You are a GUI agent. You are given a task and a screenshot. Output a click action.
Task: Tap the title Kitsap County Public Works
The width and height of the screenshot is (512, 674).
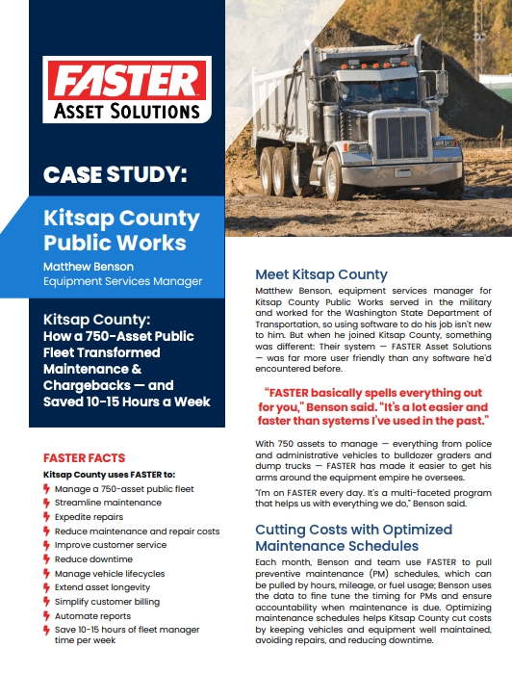coord(121,230)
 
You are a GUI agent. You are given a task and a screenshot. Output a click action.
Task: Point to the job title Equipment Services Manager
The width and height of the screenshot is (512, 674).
coord(123,281)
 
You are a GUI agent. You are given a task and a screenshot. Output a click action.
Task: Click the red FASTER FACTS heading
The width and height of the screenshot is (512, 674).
coord(85,458)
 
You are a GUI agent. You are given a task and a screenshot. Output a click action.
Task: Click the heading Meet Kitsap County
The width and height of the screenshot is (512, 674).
coord(320,274)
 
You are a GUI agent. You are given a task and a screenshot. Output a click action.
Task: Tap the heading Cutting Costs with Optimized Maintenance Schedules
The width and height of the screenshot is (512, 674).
coord(353,537)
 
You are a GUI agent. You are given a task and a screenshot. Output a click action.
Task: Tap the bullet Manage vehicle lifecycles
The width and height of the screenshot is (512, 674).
coord(109,573)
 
